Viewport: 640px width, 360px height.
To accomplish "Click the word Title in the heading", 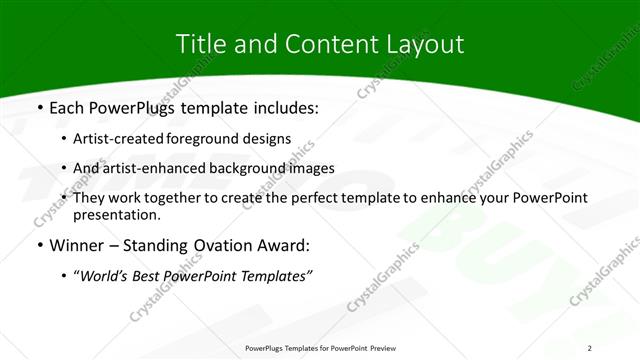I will [x=198, y=44].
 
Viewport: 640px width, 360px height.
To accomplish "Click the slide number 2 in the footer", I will [x=590, y=347].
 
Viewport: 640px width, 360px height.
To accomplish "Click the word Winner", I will [x=76, y=245].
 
